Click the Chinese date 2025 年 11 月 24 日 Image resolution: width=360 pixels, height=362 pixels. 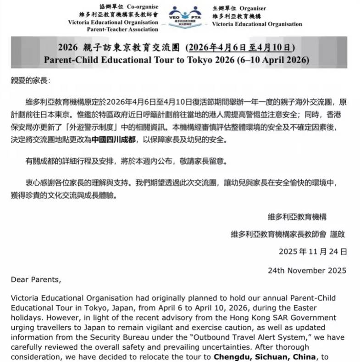tap(313, 251)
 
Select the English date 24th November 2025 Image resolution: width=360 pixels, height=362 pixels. tap(307, 270)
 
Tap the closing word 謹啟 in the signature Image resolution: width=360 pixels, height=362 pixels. tap(337, 234)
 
